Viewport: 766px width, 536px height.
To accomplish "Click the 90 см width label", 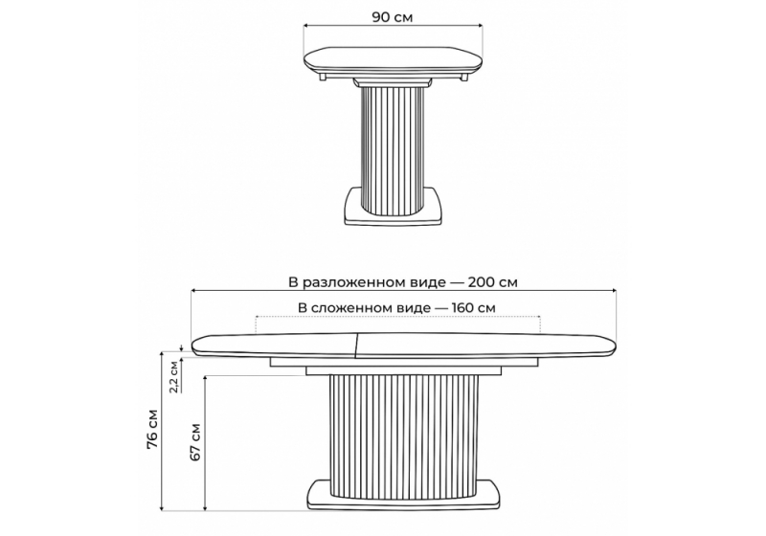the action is point(393,17).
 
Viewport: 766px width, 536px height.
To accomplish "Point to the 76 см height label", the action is point(153,429).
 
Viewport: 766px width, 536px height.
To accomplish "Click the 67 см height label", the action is point(195,442).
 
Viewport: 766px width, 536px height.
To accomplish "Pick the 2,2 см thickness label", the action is point(174,377).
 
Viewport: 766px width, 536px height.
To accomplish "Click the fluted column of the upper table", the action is point(393,151).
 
